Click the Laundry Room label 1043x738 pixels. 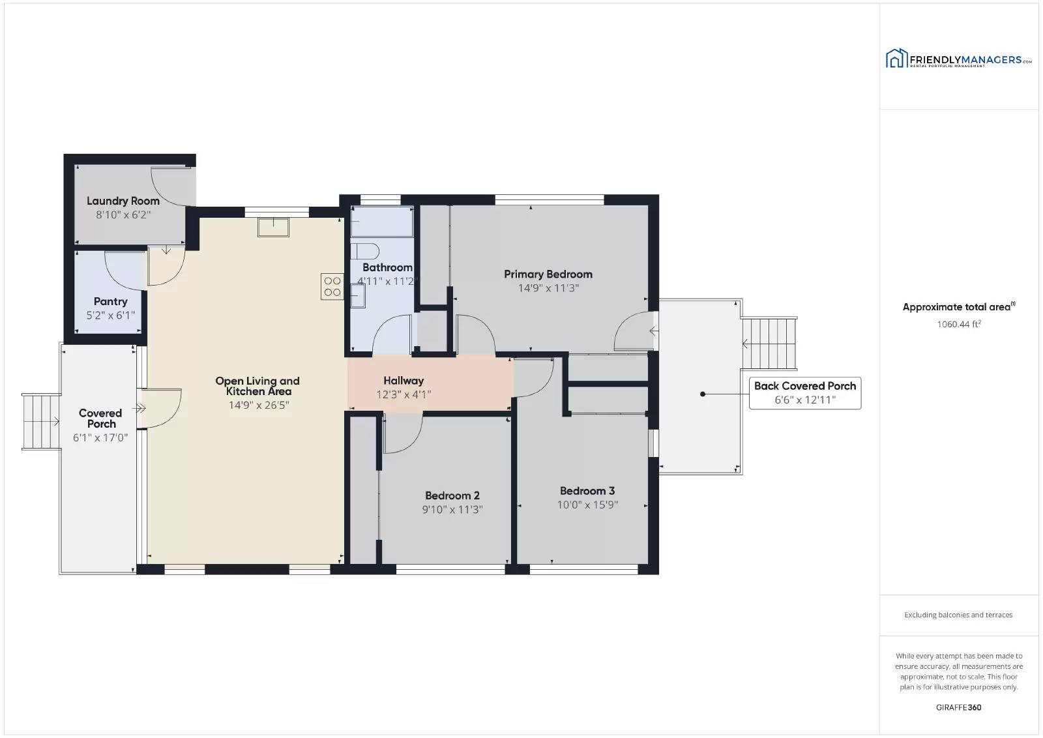coord(123,201)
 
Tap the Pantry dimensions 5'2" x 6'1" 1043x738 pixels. coord(110,316)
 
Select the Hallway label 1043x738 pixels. coord(404,381)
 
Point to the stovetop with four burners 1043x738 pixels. coord(332,286)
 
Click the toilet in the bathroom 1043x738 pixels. coord(364,251)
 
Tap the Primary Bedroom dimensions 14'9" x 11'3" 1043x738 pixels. coord(548,288)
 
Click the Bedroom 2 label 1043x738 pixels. coord(452,495)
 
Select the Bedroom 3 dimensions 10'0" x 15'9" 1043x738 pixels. coord(587,505)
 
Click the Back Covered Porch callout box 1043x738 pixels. coord(805,393)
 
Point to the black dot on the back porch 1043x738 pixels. coord(703,394)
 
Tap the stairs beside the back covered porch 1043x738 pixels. coord(769,344)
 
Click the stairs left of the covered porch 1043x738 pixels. coord(42,422)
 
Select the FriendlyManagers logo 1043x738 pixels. coord(958,59)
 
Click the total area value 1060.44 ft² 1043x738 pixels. coord(959,324)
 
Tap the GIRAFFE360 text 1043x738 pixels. coord(959,707)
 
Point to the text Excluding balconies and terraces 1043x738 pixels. coord(958,615)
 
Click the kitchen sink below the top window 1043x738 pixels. coord(273,228)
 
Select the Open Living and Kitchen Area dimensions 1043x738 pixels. coord(259,405)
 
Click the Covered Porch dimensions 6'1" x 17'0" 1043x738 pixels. coord(100,437)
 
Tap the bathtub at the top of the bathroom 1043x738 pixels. coord(382,222)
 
